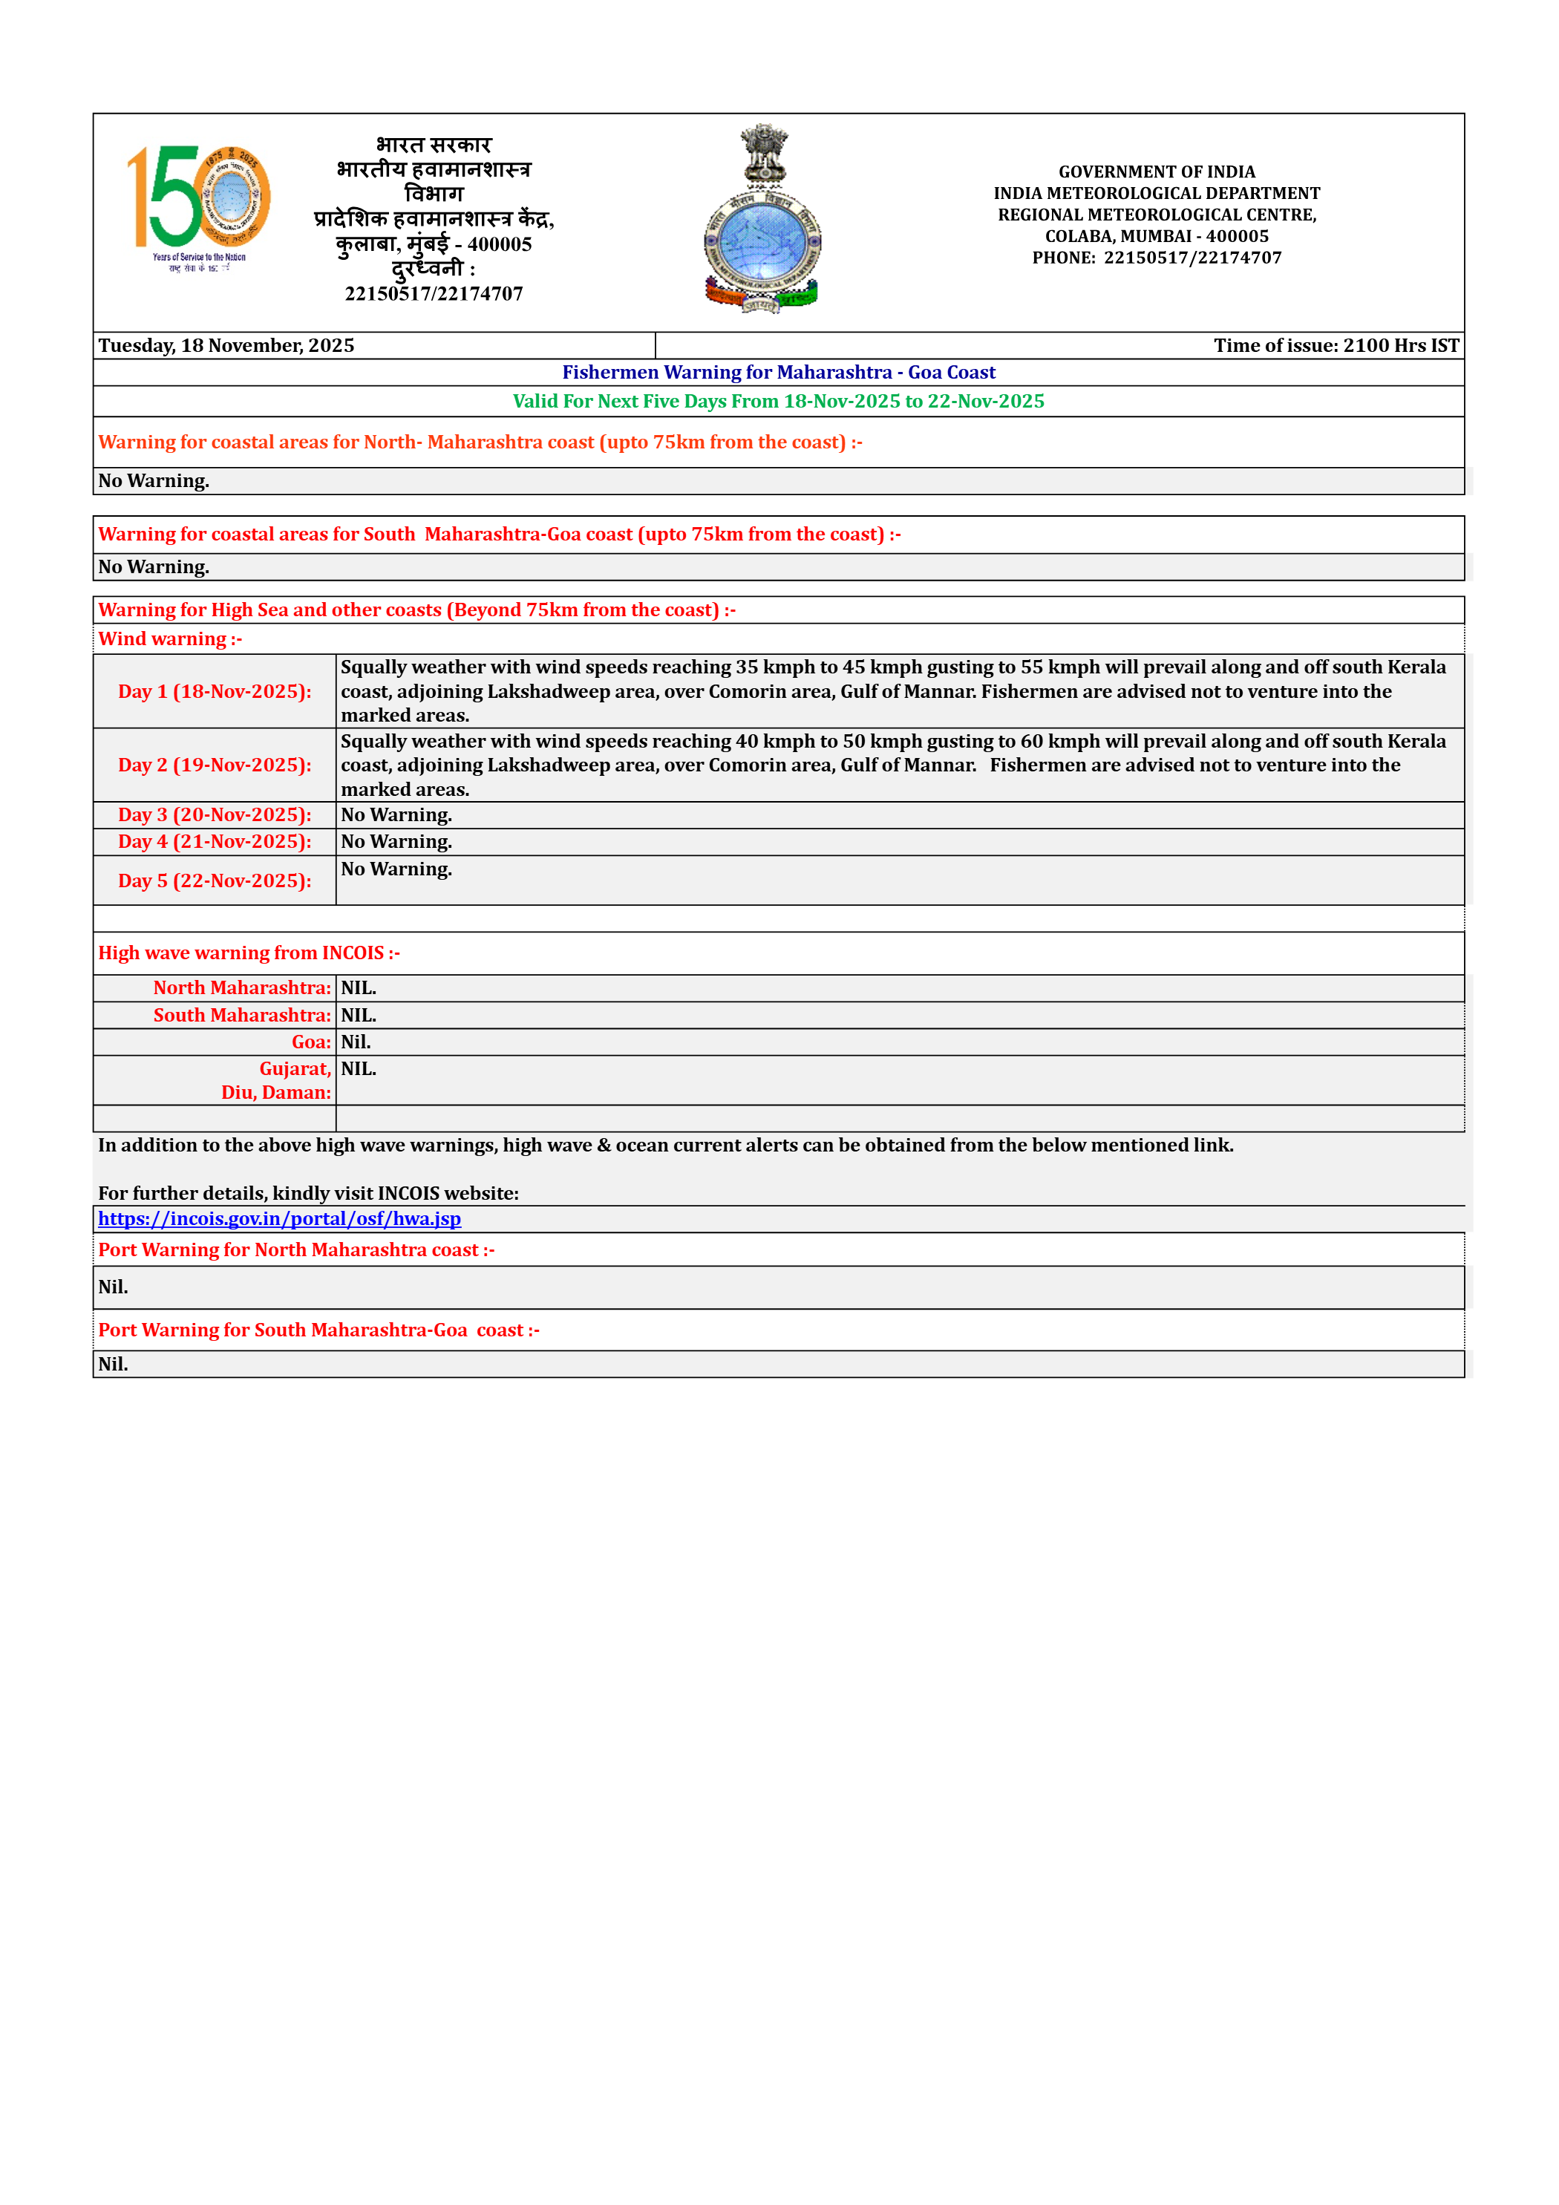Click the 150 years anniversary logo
coord(199,206)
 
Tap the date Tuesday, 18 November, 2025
coord(226,346)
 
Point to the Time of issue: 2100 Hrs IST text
coord(1336,346)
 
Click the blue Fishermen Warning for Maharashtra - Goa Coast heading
coord(778,373)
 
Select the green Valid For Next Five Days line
coord(778,402)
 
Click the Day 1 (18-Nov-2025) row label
coord(215,691)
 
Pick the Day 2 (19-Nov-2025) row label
coord(215,765)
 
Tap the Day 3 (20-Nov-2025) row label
coord(215,815)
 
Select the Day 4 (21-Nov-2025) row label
coord(215,842)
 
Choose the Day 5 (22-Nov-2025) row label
coord(215,881)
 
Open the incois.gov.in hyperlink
coord(280,1219)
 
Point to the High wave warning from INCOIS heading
coord(249,953)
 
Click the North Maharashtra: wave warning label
coord(242,988)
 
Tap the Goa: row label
coord(311,1042)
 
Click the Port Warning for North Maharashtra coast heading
coord(296,1250)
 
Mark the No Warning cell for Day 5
coord(396,870)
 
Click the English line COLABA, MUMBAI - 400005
coord(1157,236)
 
